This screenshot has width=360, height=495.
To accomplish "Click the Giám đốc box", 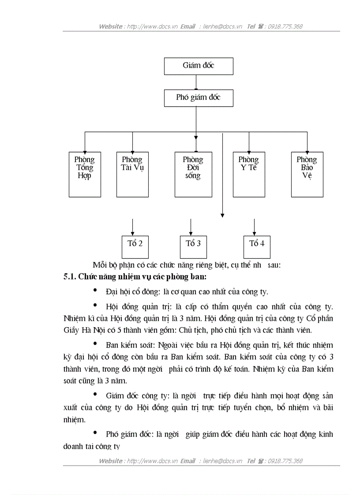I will point(199,66).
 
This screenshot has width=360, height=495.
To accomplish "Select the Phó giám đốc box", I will point(199,98).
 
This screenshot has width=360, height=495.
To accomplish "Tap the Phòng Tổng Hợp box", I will point(85,174).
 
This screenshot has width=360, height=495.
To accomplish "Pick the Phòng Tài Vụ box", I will point(132,174).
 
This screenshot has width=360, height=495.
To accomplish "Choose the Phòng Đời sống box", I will point(193,174).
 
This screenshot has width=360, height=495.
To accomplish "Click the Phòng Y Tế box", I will point(249,174).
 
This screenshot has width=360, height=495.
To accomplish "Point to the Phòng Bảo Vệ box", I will point(307,174).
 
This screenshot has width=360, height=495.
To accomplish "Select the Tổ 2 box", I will point(135,243).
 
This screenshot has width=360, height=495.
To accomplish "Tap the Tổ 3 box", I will point(193,243).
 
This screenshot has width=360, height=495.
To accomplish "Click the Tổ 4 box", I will point(257,243).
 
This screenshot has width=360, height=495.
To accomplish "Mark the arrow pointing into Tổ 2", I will point(132,227).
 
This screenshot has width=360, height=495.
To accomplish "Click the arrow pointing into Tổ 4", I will point(254,227).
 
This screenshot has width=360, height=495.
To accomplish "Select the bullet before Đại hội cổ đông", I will point(96,290).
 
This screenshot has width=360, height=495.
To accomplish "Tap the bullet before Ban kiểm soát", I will point(96,342).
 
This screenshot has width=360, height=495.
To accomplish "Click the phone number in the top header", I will point(285,26).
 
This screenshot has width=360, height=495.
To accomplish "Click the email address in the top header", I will point(223,26).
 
